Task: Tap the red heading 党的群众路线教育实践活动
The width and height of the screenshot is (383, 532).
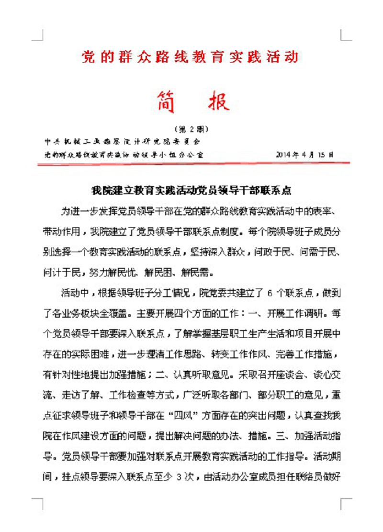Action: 190,57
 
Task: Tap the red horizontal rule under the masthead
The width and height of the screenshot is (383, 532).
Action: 193,164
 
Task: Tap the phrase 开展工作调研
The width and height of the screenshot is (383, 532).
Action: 298,310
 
